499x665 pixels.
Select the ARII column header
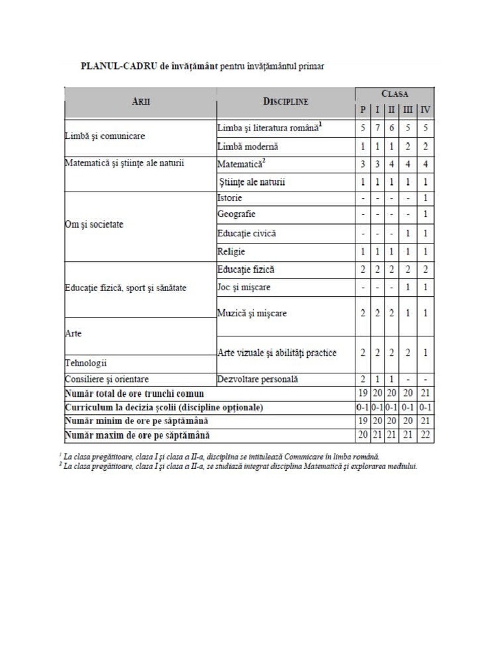click(140, 102)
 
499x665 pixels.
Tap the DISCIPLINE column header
click(285, 102)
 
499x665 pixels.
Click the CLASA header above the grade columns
click(394, 94)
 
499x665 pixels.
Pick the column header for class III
click(407, 110)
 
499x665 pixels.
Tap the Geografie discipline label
click(237, 214)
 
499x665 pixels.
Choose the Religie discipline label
click(231, 251)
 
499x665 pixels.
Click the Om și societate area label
click(94, 225)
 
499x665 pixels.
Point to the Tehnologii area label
click(86, 363)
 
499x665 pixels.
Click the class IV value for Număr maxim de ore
click(425, 434)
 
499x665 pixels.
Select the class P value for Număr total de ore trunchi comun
click(363, 393)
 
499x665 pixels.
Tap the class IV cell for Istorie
click(425, 197)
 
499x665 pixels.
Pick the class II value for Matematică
click(392, 164)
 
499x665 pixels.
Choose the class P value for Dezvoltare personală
click(363, 379)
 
